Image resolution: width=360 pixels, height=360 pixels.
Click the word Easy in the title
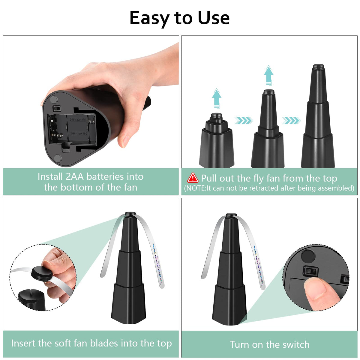(x=150, y=18)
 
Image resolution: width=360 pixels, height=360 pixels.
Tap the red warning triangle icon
(x=193, y=178)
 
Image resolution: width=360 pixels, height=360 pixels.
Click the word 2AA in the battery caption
(x=74, y=176)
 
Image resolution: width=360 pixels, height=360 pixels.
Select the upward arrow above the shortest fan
(x=217, y=98)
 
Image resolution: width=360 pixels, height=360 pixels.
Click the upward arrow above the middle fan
(x=268, y=75)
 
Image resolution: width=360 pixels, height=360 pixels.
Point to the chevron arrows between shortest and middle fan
(x=244, y=121)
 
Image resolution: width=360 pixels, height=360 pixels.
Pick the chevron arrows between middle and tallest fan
(x=291, y=121)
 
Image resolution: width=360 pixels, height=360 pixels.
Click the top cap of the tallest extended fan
(x=319, y=67)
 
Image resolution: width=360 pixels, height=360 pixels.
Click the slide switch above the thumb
(x=310, y=271)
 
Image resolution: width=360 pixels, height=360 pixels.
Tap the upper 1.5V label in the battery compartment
(x=78, y=119)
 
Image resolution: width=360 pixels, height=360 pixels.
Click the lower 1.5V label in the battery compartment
(x=79, y=133)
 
